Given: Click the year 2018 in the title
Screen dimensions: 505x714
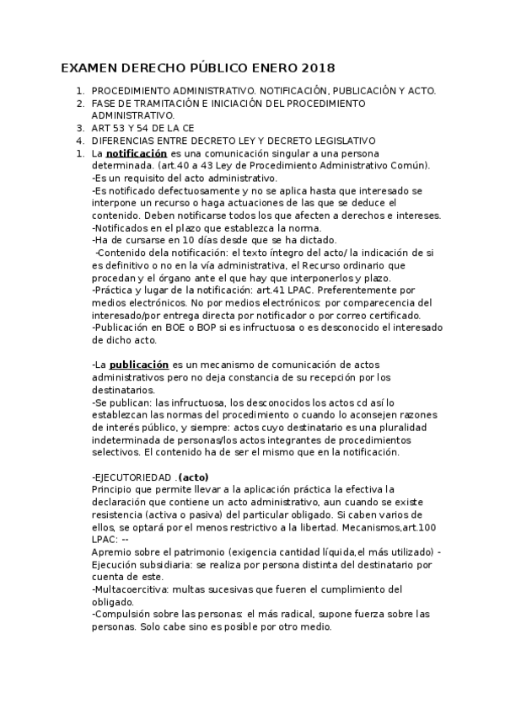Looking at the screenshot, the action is coord(315,67).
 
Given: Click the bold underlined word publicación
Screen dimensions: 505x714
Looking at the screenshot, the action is coord(139,365).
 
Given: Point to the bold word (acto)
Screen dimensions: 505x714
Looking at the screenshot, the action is coord(193,477).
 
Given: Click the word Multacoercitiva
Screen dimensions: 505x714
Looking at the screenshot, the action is coord(129,589).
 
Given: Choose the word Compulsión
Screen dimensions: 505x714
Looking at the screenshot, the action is coord(123,614).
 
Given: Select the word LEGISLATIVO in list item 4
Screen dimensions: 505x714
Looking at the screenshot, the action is coord(339,141).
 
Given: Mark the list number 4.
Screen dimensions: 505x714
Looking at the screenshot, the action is coord(79,141).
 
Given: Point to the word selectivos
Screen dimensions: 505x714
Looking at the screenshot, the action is coord(117,453).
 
